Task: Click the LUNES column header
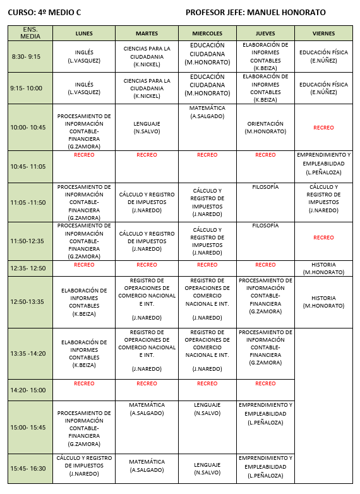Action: coord(84,33)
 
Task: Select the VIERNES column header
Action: coord(323,33)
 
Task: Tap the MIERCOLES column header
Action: coord(207,33)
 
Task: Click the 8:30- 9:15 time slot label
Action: coord(26,56)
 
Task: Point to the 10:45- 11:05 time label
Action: coord(28,167)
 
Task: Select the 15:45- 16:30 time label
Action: coord(28,467)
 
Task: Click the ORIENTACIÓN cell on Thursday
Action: coord(265,128)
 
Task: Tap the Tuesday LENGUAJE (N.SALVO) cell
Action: coord(147,128)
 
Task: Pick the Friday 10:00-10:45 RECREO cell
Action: coord(323,128)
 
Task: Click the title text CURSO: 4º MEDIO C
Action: coord(44,12)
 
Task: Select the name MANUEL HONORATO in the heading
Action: coord(291,12)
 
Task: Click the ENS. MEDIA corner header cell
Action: coord(30,33)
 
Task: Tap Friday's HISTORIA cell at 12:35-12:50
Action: coord(323,268)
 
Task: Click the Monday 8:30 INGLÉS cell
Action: coord(84,56)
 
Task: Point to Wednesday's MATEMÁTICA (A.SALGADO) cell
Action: coord(207,112)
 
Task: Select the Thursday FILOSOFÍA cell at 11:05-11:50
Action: coord(265,188)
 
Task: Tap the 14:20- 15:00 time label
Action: coord(28,390)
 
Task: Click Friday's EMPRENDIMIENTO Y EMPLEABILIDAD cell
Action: coord(323,163)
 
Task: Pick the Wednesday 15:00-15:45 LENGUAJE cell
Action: coord(207,408)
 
